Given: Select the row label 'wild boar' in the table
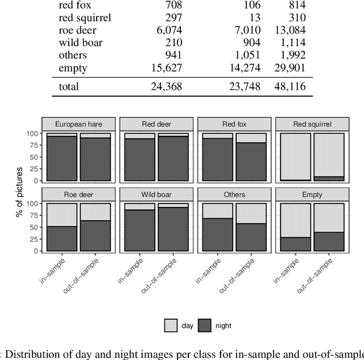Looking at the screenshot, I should coord(81,43).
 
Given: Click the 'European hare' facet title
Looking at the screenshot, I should coord(78,125).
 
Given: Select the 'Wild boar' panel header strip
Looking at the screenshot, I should coord(156,195).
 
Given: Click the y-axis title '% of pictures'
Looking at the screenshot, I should coord(19,188).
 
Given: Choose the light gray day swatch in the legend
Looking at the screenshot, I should coord(171,326).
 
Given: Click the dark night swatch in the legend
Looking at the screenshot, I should coord(205,326).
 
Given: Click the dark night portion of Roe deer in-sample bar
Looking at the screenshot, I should coord(62,239).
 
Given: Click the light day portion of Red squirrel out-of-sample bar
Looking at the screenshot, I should coord(328,154).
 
